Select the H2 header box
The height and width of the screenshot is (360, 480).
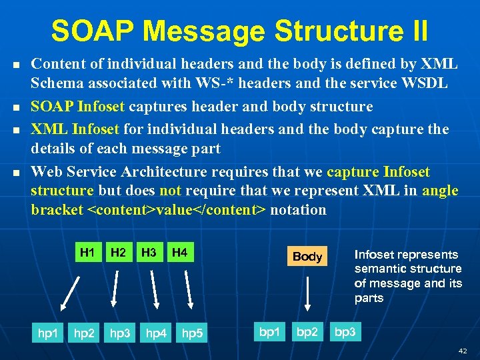[118, 253]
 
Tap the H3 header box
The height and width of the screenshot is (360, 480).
[149, 253]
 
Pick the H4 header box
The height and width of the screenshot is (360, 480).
[179, 253]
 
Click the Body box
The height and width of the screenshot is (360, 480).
[307, 257]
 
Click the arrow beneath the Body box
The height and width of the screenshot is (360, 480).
[307, 293]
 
